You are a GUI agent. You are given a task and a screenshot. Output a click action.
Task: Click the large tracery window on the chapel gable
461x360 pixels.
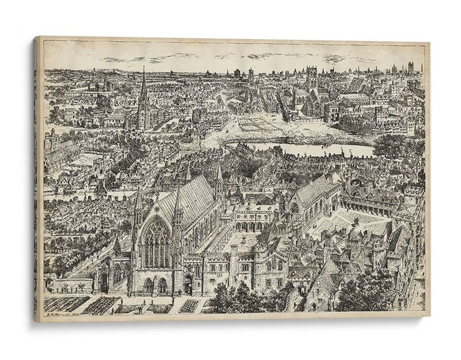click(x=156, y=243)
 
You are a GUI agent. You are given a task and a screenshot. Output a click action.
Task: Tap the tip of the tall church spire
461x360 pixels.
click(x=143, y=67)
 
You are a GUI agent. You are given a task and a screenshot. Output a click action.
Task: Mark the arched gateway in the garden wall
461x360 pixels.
click(x=104, y=282)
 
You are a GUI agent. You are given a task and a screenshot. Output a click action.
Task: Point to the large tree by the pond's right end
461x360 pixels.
click(x=387, y=145)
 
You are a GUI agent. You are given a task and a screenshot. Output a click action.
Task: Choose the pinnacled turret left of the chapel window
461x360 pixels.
click(x=138, y=210)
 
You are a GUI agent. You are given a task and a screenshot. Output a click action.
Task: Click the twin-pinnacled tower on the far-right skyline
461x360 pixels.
click(x=411, y=67)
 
